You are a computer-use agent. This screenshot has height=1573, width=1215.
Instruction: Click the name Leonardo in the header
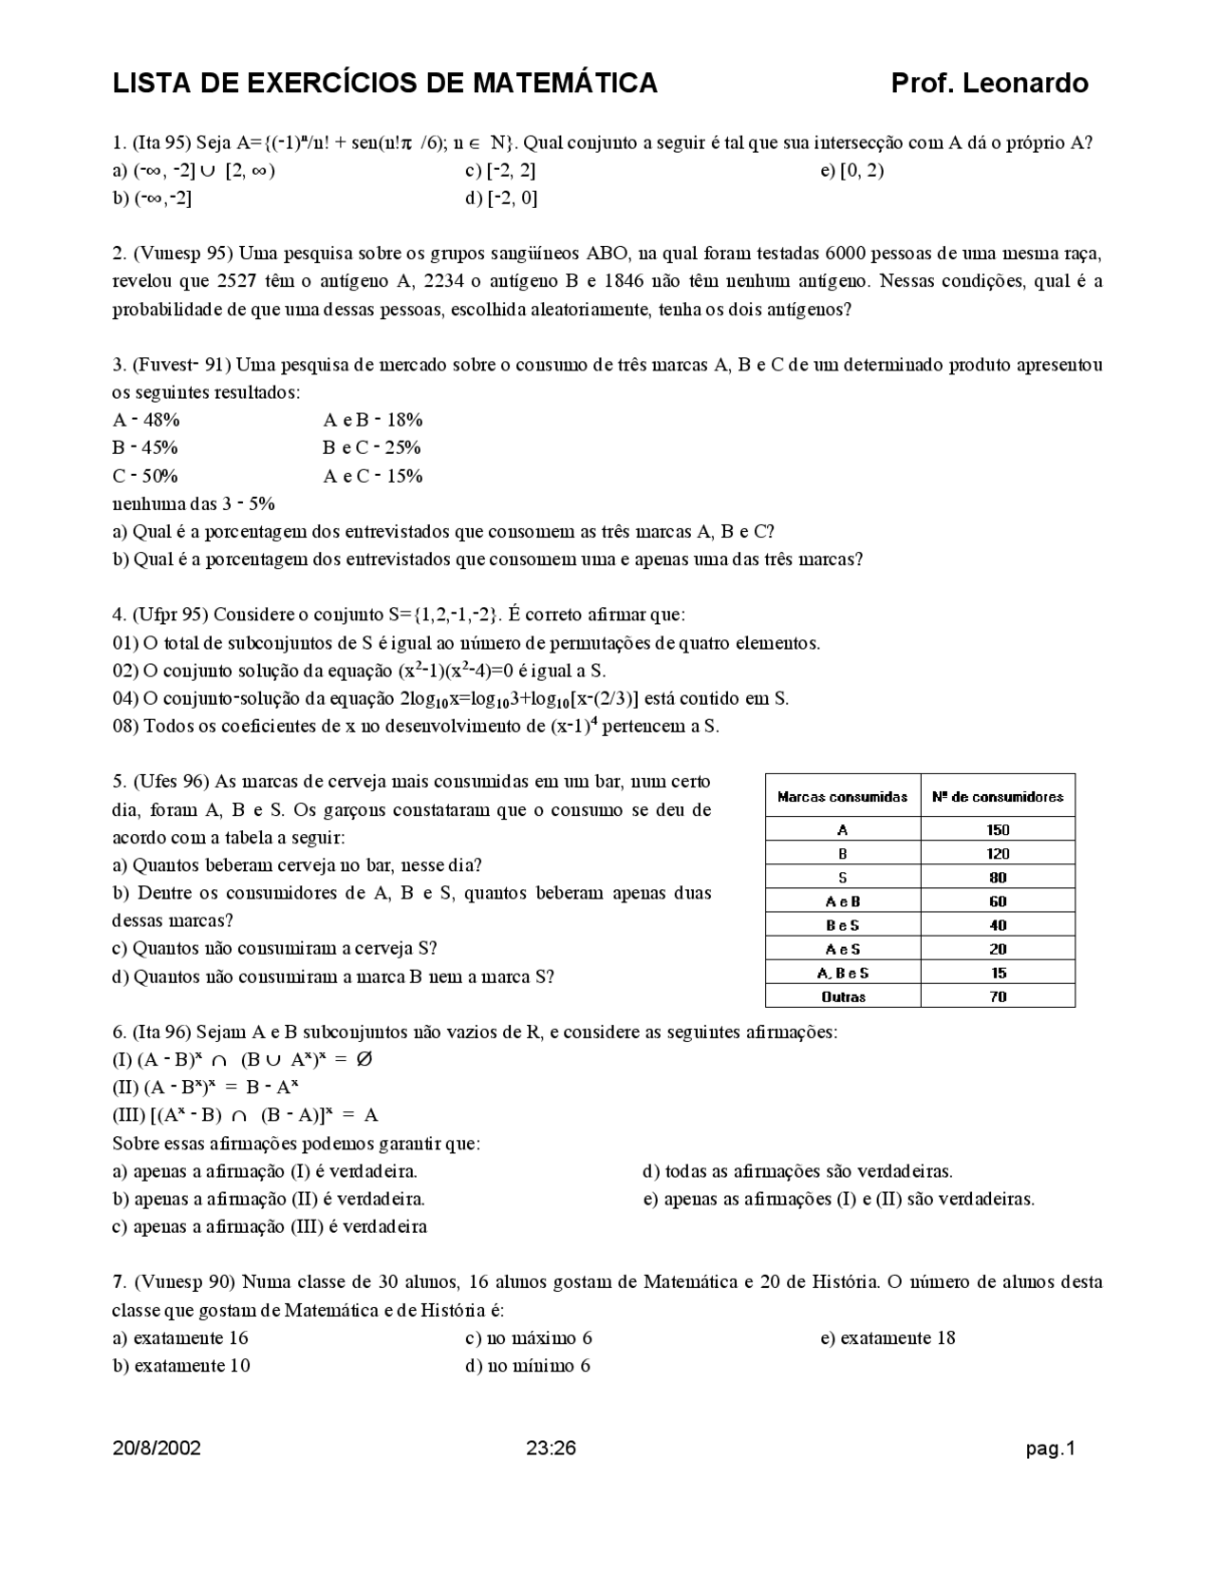[1025, 84]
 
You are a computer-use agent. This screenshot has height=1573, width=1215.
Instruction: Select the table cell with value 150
[998, 829]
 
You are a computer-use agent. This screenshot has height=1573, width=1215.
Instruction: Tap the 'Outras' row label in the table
[843, 996]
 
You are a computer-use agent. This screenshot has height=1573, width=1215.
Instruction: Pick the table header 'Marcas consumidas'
[843, 797]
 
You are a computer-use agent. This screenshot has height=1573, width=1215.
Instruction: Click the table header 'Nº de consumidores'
[998, 797]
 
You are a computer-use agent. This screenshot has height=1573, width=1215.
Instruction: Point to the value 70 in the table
[998, 996]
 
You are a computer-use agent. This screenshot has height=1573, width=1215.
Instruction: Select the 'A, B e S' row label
[843, 973]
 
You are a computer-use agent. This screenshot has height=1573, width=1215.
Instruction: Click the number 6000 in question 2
[845, 254]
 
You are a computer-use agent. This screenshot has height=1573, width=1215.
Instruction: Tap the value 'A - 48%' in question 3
[146, 420]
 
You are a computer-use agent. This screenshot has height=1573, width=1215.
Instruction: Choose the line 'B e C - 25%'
[372, 447]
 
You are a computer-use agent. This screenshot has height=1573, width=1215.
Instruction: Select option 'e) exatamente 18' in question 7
[888, 1337]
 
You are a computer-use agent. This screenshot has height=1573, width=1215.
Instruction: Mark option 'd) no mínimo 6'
[528, 1366]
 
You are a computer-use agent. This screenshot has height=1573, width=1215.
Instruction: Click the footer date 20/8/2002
[157, 1449]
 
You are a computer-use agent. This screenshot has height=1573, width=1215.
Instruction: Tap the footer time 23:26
[551, 1449]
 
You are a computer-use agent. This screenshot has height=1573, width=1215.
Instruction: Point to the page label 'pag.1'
[1050, 1449]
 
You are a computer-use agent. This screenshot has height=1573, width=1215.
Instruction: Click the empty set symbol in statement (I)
[364, 1059]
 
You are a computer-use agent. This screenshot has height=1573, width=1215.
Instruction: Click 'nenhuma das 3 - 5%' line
[194, 503]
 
